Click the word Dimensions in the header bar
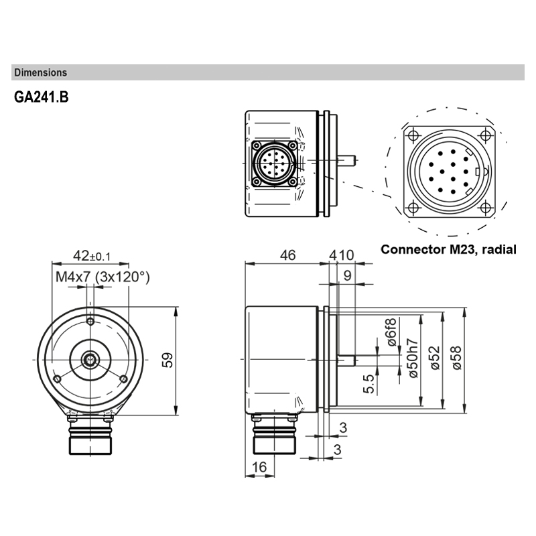(x=40, y=72)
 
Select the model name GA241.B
(x=41, y=97)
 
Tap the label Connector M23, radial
(x=448, y=249)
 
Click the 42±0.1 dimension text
(x=92, y=256)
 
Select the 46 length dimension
(x=288, y=255)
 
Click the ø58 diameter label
(x=457, y=358)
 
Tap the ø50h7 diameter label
(x=413, y=358)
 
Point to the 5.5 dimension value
(x=368, y=386)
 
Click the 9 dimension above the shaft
(x=347, y=275)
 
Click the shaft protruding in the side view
(x=344, y=360)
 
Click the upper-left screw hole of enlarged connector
(x=413, y=133)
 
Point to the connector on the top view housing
(x=274, y=163)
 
